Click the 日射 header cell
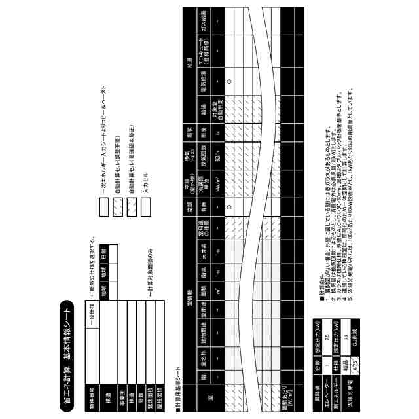[104, 253]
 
